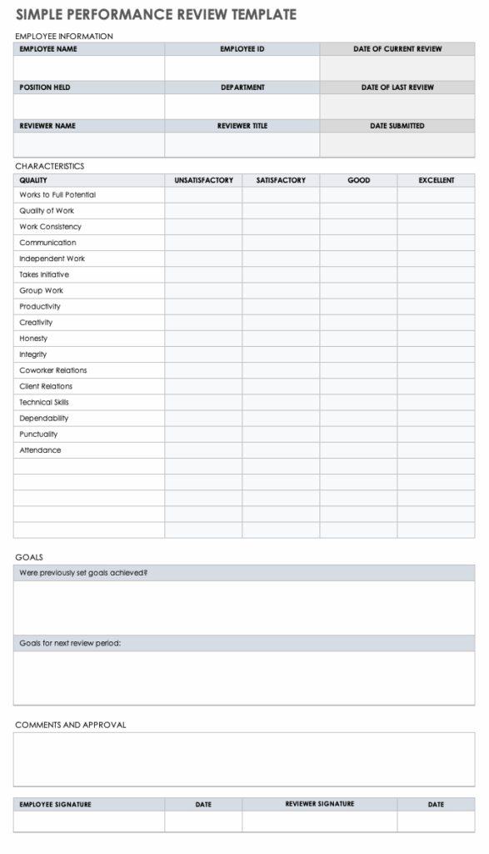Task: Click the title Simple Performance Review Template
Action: pos(156,14)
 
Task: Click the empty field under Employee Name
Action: pos(88,68)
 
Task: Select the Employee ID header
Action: pos(242,49)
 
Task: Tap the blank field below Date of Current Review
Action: pos(397,68)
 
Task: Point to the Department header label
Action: pos(242,88)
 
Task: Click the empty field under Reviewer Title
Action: pos(242,145)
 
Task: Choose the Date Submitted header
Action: pos(397,126)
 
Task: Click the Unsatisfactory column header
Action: pos(203,180)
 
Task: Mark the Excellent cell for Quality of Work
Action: pos(436,211)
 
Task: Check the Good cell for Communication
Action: pos(358,243)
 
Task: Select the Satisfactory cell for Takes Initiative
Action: pos(281,274)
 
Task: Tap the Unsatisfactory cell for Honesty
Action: pos(203,339)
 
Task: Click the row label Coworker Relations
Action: pos(53,370)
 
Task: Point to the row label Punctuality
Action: pos(39,435)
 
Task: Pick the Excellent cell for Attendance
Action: pos(436,450)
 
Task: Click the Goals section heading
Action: pos(29,557)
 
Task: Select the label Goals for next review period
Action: pos(70,644)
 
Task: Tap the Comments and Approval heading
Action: pos(71,725)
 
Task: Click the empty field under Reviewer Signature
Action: pos(319,821)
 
